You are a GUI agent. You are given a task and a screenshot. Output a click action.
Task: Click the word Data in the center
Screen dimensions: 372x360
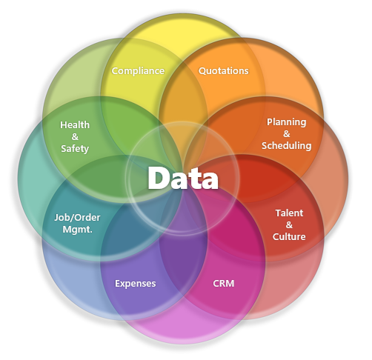click(x=183, y=178)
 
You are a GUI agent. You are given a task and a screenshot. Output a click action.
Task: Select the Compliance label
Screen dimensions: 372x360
click(x=138, y=71)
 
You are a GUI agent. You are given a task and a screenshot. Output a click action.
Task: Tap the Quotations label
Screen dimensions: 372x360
click(x=224, y=71)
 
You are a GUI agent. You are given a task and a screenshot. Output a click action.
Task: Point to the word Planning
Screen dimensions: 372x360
click(x=287, y=122)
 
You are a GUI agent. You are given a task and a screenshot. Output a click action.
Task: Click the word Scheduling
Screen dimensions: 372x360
click(x=287, y=146)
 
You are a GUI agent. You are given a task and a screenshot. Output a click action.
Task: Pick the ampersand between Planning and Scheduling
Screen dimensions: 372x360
click(x=287, y=134)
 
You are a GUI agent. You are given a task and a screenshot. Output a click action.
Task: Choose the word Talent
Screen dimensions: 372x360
click(x=289, y=213)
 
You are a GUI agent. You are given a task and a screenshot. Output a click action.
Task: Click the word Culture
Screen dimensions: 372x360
click(x=289, y=236)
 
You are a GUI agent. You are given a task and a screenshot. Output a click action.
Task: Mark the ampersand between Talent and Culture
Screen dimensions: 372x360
click(x=289, y=224)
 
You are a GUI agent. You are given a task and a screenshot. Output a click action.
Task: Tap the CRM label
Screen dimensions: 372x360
click(x=224, y=284)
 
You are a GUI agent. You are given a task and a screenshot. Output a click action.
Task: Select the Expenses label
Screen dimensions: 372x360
click(x=136, y=284)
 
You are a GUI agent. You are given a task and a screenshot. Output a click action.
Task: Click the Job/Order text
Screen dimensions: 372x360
click(x=77, y=218)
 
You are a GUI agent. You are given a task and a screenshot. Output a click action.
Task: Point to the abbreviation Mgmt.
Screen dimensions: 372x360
click(x=77, y=230)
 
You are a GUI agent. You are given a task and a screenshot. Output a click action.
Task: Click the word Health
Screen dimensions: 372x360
click(x=75, y=125)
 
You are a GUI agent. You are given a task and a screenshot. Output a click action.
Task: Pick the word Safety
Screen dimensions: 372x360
click(x=75, y=149)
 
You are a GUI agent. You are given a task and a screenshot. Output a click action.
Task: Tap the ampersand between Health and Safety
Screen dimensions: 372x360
click(x=75, y=137)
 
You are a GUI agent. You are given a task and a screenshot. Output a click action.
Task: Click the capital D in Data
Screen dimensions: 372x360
click(x=157, y=178)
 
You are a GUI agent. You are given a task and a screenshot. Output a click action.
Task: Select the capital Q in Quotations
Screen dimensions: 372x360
click(x=202, y=71)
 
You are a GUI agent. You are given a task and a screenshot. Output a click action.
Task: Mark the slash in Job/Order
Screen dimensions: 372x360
click(x=71, y=218)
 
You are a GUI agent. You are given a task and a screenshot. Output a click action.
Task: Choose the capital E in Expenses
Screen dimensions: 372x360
click(x=118, y=284)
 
